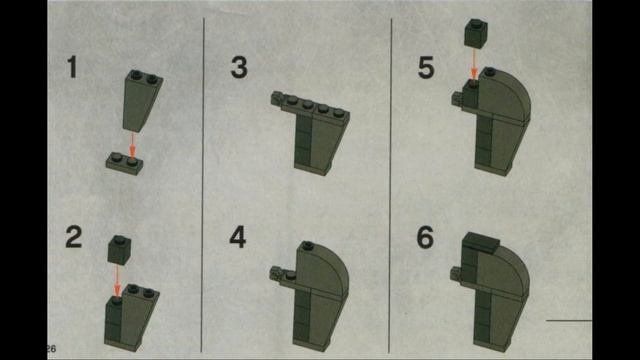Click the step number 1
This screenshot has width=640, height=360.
point(72,68)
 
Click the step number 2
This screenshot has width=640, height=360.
point(73,238)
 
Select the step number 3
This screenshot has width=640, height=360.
point(239,68)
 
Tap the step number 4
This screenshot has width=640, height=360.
point(238,238)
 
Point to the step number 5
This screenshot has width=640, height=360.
point(426,68)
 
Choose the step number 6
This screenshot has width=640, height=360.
point(426,238)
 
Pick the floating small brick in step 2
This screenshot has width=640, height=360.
point(117,247)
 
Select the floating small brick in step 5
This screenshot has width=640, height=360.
point(476,34)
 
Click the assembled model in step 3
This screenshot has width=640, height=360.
point(314,130)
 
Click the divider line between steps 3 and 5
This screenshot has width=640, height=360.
point(389,180)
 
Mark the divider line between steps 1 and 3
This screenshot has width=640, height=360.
point(204,180)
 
